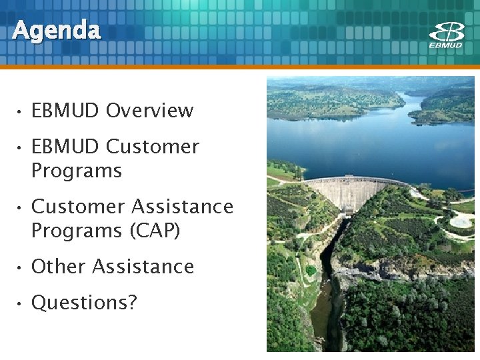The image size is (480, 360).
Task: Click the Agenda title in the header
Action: point(57,31)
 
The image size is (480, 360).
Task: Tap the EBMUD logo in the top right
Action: point(446,35)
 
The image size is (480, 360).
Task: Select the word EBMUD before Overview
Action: point(65,111)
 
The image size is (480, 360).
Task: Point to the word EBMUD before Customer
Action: point(65,147)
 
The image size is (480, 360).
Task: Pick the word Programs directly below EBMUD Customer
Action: point(77,171)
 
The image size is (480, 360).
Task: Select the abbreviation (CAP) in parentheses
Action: point(155,231)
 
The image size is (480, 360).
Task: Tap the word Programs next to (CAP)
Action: point(77,231)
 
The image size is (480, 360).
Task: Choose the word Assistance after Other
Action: point(143,267)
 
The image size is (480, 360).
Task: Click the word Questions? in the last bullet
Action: point(84,303)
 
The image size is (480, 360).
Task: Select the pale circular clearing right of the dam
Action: point(461,221)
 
